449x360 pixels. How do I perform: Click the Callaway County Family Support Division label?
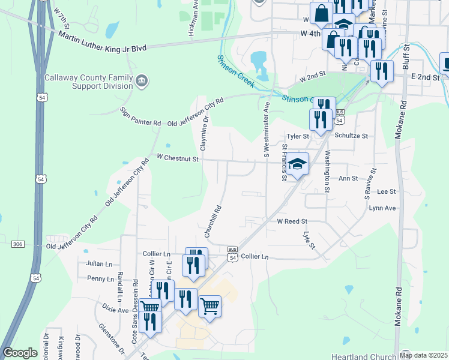click(89, 82)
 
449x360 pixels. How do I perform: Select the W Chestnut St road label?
click(177, 157)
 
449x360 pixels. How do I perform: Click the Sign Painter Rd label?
click(140, 116)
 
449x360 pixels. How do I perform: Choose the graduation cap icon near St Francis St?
click(297, 164)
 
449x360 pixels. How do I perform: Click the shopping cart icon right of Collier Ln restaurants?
click(210, 307)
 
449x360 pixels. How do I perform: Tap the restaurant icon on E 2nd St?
click(382, 71)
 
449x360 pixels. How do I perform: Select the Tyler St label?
click(297, 136)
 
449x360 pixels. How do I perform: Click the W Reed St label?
click(292, 221)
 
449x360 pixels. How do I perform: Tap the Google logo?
click(20, 353)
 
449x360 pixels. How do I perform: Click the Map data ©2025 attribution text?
click(423, 355)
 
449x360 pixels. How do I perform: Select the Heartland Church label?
click(364, 356)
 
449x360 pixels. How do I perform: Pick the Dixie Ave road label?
click(115, 310)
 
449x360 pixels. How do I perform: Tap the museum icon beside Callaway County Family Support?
click(142, 81)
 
